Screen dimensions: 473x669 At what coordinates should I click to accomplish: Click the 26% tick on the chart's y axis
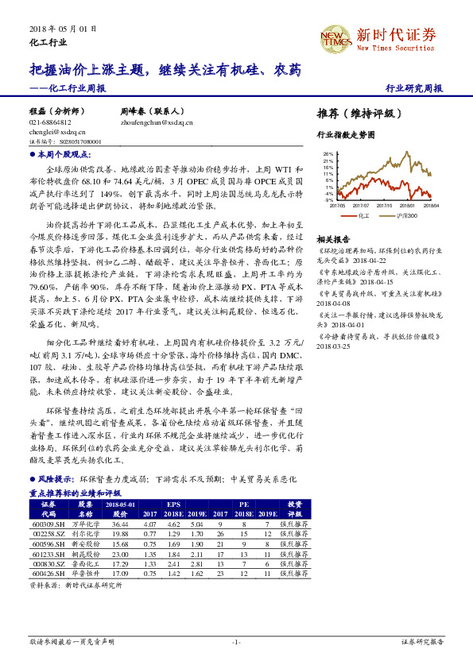[328, 154]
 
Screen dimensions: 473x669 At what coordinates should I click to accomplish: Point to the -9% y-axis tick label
[329, 200]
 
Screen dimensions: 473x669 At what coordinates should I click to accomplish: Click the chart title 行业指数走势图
[345, 135]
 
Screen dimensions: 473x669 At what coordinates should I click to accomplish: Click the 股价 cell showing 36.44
[120, 524]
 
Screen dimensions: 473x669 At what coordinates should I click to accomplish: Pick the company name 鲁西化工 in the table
[85, 563]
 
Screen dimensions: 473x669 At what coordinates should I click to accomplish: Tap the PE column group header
[244, 505]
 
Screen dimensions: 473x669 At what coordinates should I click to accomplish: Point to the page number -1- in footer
[236, 641]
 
